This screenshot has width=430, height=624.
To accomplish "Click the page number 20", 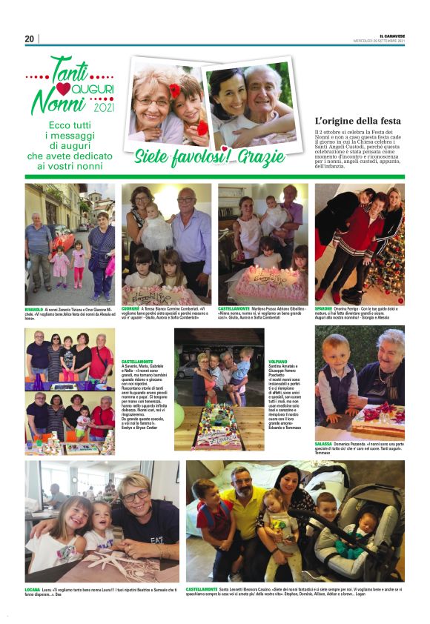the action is click(x=30, y=39).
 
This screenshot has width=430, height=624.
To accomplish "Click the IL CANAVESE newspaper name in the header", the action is click(x=390, y=36).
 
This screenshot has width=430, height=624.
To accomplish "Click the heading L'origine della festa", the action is click(x=357, y=121).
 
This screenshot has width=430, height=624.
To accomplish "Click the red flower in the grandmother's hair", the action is click(x=175, y=92).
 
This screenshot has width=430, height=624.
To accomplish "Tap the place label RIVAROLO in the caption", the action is click(x=34, y=308).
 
